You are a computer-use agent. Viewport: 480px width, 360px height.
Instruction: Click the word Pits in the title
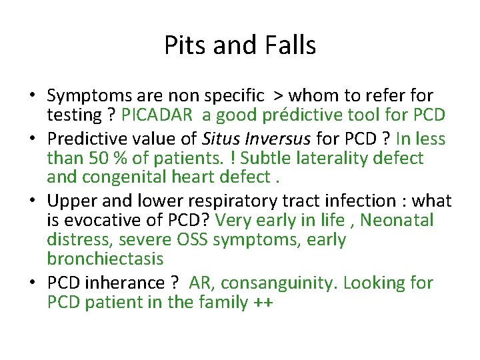tap(181, 45)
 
